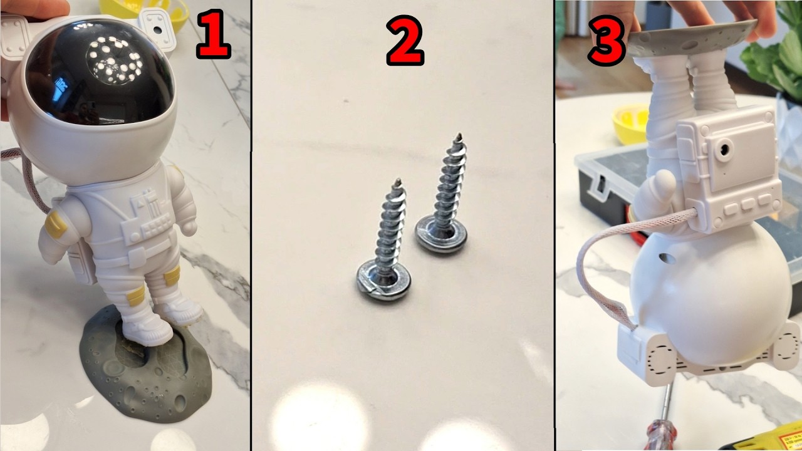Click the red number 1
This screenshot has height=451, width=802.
pos(214,34)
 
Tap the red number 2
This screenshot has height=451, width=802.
pos(405,40)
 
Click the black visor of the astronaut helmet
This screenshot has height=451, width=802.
pos(100,71)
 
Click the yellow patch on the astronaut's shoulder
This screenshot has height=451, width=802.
pos(56,224)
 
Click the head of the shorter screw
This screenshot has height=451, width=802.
pos(383,280)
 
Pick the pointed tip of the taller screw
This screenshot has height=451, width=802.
pos(459,137)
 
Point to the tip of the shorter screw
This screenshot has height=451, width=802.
pos(398,182)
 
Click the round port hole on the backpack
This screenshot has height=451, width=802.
pos(724,150)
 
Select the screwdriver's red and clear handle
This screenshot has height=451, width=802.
pos(661,435)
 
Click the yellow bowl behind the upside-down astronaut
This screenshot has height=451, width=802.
pos(631,124)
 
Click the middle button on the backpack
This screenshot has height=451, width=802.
pos(748,204)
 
